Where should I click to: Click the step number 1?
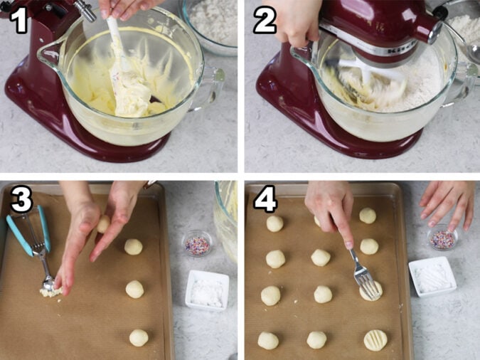pyautogui.click(x=19, y=20)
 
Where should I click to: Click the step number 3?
pyautogui.click(x=21, y=201)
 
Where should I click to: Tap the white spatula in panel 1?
pyautogui.click(x=124, y=68)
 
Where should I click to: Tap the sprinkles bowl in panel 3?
pyautogui.click(x=197, y=244)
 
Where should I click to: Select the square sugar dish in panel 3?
pyautogui.click(x=207, y=290)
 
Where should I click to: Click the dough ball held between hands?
pyautogui.click(x=104, y=224)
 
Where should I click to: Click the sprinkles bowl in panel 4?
pyautogui.click(x=442, y=238)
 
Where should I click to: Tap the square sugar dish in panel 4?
pyautogui.click(x=432, y=276)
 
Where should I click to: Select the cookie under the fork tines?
pyautogui.click(x=370, y=290)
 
